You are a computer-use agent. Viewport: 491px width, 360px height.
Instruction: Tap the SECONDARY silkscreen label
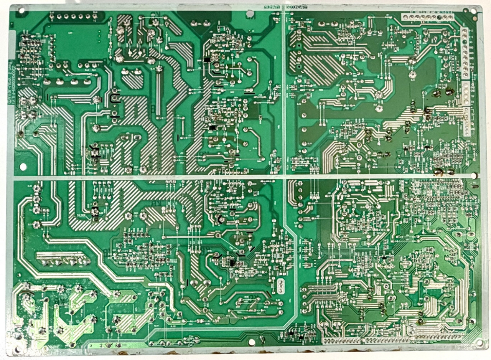[297, 7]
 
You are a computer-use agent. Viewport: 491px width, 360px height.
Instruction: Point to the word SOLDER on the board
[81, 216]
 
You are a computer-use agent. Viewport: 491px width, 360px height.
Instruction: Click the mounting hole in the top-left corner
[21, 11]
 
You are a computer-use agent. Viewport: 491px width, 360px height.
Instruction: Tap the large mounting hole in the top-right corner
[474, 11]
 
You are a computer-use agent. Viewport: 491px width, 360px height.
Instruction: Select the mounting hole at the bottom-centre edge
[251, 342]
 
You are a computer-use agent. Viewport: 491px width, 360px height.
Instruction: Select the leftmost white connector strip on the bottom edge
[341, 340]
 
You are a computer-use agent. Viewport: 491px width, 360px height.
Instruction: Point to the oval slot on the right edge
[475, 186]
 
